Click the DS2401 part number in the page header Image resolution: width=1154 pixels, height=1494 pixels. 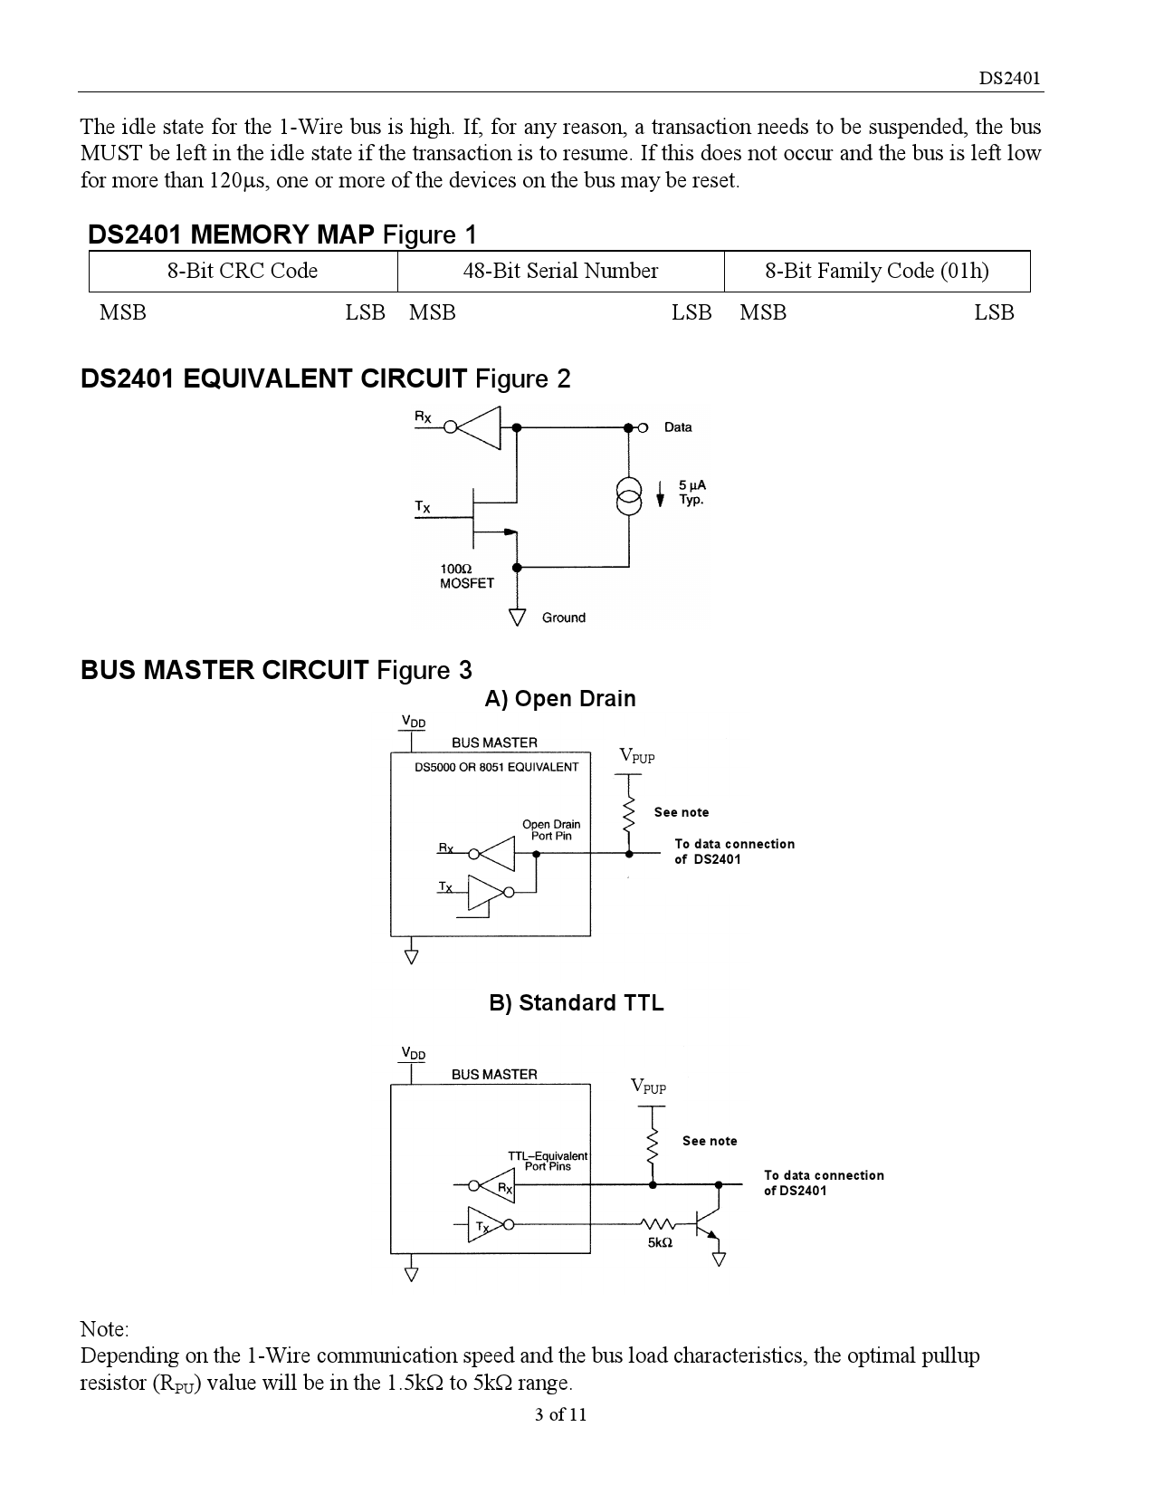(x=1010, y=78)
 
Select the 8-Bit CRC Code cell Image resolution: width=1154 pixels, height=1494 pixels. (x=243, y=271)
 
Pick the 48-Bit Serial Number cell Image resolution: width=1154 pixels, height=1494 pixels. (x=560, y=271)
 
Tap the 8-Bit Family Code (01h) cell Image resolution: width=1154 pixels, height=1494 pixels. (x=876, y=271)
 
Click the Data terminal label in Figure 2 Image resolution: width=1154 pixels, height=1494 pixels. (x=678, y=427)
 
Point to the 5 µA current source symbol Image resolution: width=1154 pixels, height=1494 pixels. (x=628, y=494)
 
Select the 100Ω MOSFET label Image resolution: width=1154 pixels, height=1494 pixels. (x=466, y=576)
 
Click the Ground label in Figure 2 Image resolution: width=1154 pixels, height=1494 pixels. (x=563, y=618)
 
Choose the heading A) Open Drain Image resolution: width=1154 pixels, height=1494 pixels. (x=560, y=699)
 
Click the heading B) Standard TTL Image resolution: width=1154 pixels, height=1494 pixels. (x=577, y=1003)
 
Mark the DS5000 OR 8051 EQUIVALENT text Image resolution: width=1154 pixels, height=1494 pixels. (x=496, y=767)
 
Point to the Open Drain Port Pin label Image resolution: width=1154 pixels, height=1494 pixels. (x=551, y=829)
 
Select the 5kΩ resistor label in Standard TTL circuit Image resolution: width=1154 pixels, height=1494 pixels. (x=660, y=1243)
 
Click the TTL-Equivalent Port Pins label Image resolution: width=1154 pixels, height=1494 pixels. (x=548, y=1161)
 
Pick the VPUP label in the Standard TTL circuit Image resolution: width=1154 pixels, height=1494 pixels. (x=648, y=1087)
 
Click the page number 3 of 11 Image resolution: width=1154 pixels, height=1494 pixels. (x=561, y=1414)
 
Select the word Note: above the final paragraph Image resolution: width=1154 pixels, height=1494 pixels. (x=105, y=1329)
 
